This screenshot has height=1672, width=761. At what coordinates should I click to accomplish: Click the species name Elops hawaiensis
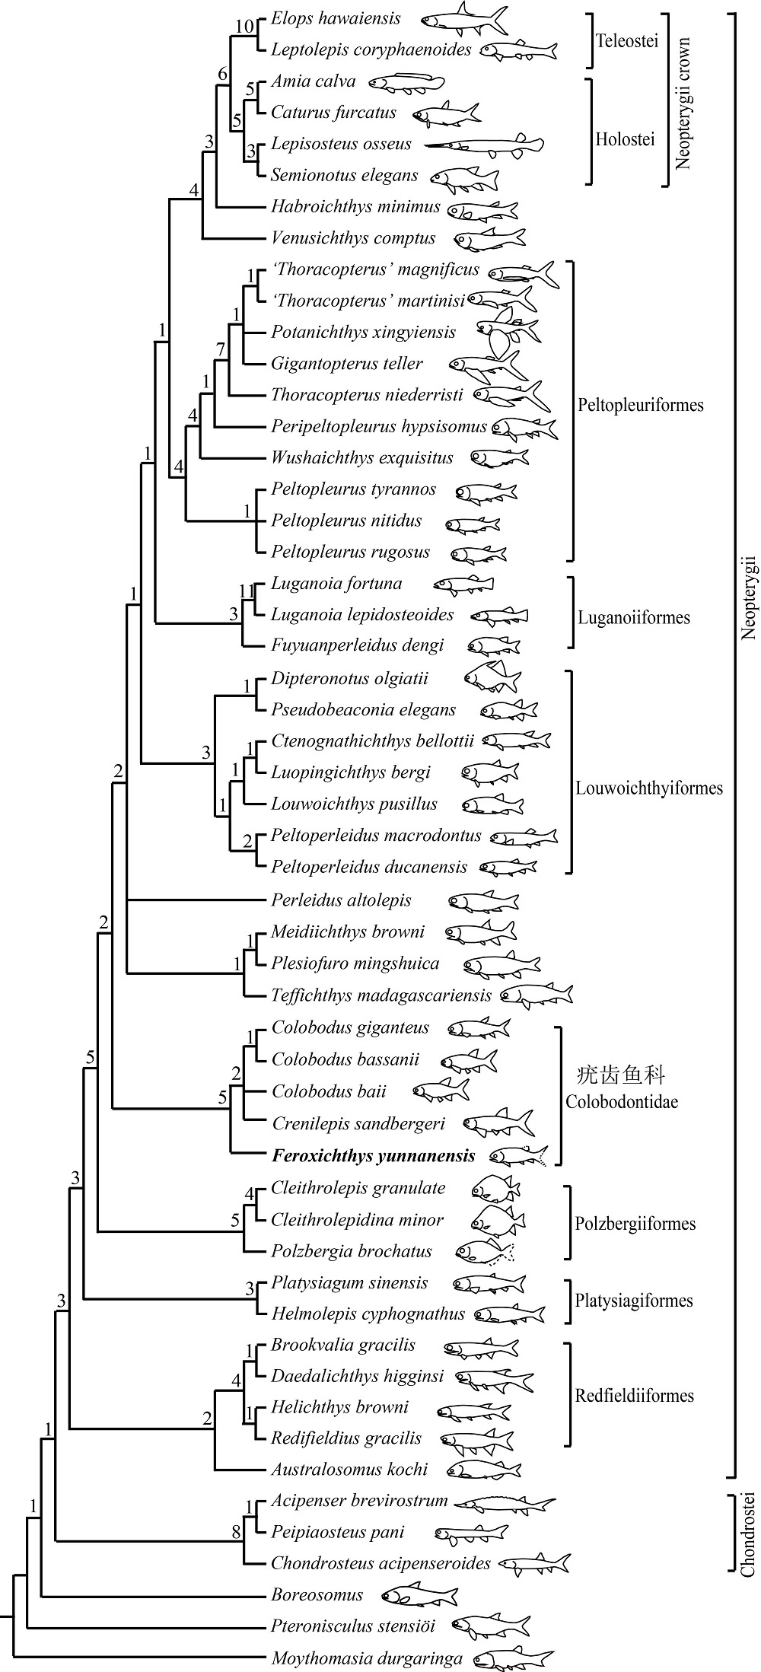click(x=336, y=18)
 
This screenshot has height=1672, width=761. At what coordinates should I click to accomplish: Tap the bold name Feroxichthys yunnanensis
click(x=373, y=1156)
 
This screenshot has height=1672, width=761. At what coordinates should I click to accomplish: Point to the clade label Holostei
click(x=625, y=139)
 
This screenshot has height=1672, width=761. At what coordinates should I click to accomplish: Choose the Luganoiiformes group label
click(x=633, y=616)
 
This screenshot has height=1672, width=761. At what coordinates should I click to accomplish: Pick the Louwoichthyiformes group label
click(x=649, y=788)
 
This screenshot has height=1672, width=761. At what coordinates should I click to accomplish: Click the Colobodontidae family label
click(x=622, y=1101)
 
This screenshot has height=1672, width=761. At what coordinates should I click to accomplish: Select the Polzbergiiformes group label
click(x=635, y=1224)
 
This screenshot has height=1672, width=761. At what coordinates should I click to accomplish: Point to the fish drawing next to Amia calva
click(x=406, y=81)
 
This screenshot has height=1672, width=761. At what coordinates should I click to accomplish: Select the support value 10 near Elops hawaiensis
click(x=244, y=26)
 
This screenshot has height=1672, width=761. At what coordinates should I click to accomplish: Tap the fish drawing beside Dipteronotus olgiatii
click(x=492, y=677)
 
